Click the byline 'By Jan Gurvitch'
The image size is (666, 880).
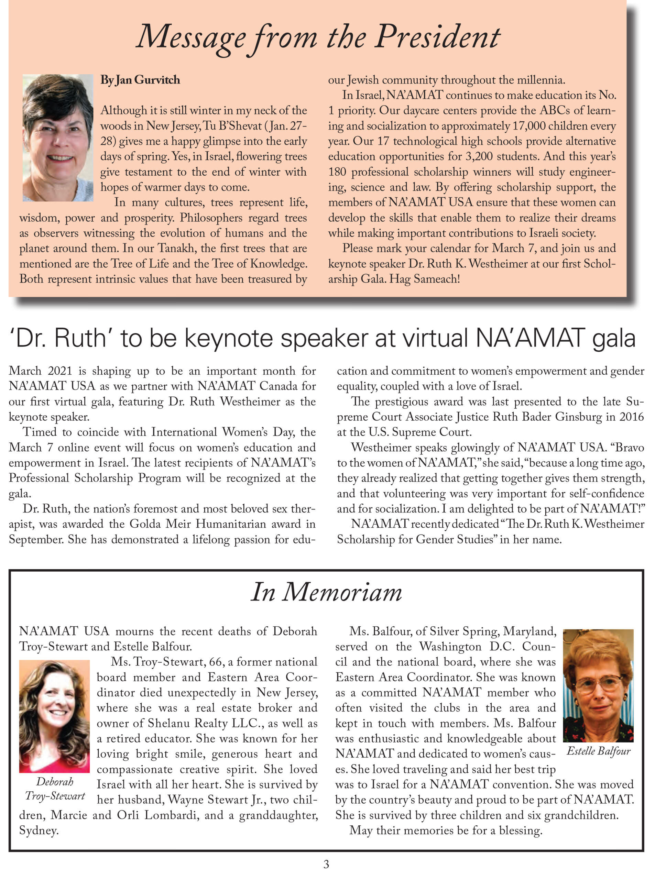pos(140,80)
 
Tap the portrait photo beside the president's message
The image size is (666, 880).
pos(58,137)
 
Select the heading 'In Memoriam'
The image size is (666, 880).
pos(326,592)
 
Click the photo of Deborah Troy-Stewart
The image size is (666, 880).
pos(55,716)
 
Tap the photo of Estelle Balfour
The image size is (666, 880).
pos(598,685)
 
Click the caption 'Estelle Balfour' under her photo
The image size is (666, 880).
pos(598,751)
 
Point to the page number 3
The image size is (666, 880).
pos(326,864)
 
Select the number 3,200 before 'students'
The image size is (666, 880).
pos(479,157)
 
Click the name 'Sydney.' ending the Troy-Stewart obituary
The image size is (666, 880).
pos(39,830)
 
